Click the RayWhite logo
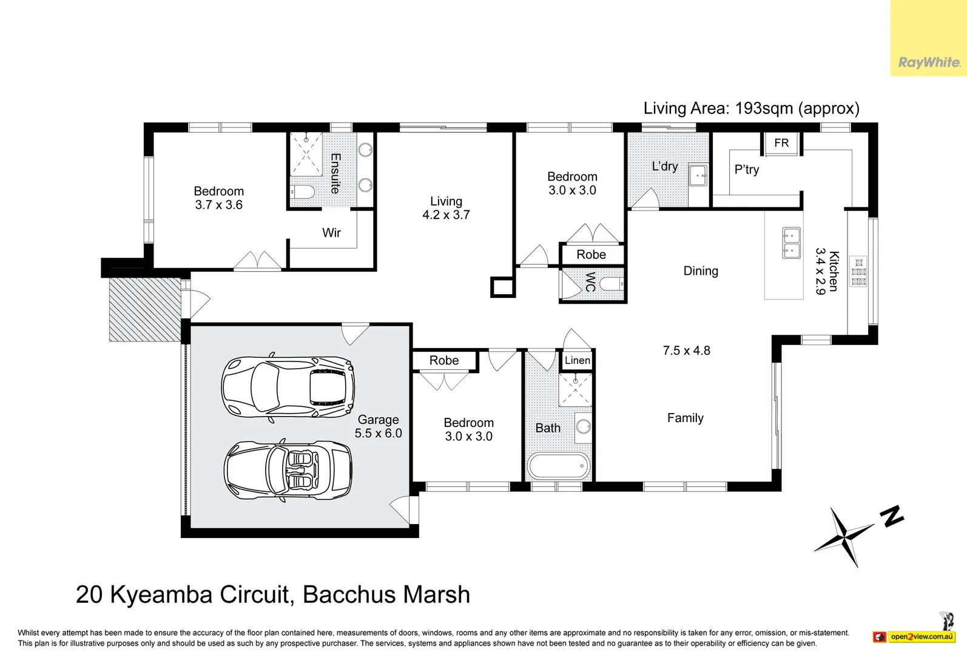[928, 62]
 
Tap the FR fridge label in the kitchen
[781, 143]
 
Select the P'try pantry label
[746, 170]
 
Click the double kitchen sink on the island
[791, 243]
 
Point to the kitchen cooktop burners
[858, 272]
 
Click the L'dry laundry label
[664, 166]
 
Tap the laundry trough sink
[698, 176]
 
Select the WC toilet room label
[590, 282]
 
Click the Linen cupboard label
[577, 360]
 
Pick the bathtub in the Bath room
[558, 466]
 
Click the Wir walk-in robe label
[331, 233]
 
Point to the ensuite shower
[306, 154]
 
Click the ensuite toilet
[302, 193]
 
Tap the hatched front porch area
[145, 309]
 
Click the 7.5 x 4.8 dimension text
[686, 351]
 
